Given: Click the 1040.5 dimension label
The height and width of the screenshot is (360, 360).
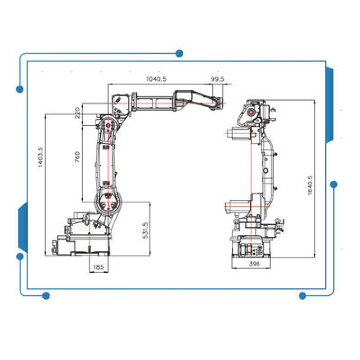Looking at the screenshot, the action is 156,79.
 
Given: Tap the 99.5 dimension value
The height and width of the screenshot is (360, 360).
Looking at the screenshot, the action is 217,79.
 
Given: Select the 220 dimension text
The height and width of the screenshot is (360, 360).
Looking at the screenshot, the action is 77,112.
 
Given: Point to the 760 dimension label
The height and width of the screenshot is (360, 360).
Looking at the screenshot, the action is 77,157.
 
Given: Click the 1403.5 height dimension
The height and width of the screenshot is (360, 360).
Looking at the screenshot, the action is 40,157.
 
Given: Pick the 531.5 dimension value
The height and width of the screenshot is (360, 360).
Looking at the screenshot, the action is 145,230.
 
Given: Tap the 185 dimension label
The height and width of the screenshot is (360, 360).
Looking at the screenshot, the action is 99,267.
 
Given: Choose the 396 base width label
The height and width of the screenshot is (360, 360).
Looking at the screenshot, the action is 254,263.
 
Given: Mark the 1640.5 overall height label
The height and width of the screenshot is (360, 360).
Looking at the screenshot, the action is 310,185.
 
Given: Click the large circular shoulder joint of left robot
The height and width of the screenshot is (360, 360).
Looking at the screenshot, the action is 108,202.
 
